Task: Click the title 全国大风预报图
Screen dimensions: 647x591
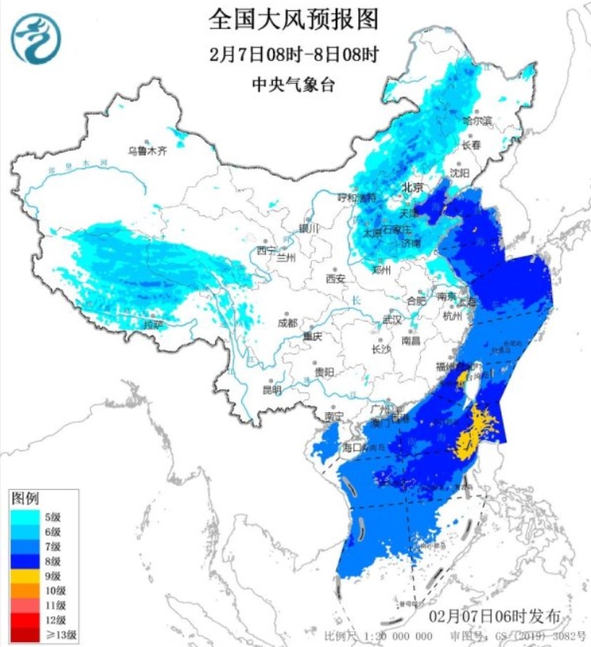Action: click(294, 17)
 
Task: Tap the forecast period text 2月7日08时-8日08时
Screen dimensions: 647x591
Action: click(294, 55)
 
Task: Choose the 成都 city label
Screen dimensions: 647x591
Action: click(287, 322)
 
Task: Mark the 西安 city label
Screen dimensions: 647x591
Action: click(335, 279)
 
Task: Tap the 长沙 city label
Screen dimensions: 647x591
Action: click(381, 348)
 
